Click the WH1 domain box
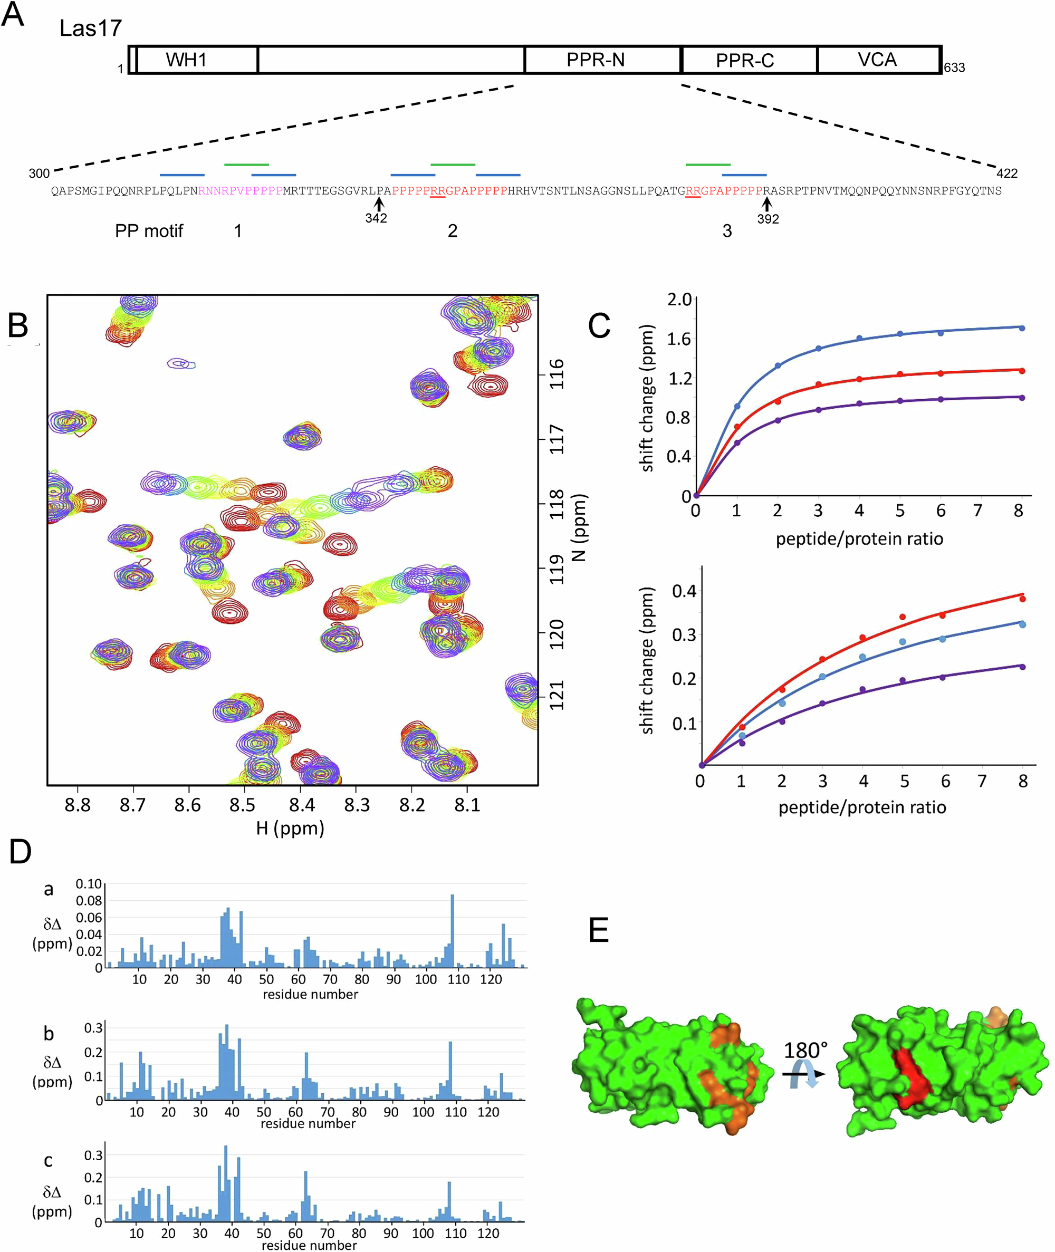click(x=187, y=60)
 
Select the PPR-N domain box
click(x=596, y=60)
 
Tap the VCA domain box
click(x=877, y=60)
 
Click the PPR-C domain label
click(x=745, y=61)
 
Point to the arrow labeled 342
click(x=378, y=205)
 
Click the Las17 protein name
click(x=90, y=28)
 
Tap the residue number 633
click(x=955, y=68)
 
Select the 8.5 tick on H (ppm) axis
click(x=242, y=805)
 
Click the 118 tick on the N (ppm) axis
click(x=557, y=504)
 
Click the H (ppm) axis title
click(x=290, y=829)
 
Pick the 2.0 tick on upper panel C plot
click(x=679, y=299)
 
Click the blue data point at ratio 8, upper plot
click(x=1022, y=328)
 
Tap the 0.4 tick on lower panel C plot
click(x=684, y=591)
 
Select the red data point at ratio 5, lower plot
click(x=903, y=617)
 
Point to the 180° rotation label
click(x=805, y=1051)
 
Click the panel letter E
click(x=599, y=931)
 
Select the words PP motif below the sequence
click(x=149, y=231)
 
